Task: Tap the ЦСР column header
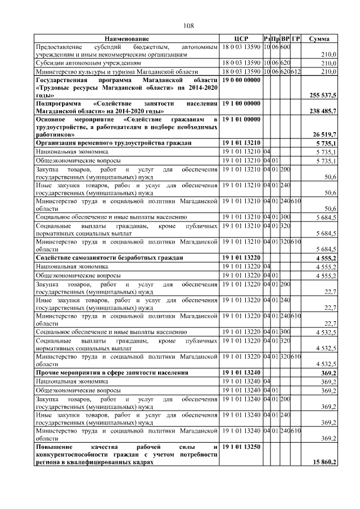(241, 38)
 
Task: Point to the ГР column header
(296, 38)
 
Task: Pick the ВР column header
(285, 38)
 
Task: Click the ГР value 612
(296, 72)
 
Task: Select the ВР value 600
(285, 46)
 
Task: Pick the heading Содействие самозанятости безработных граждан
(109, 258)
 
